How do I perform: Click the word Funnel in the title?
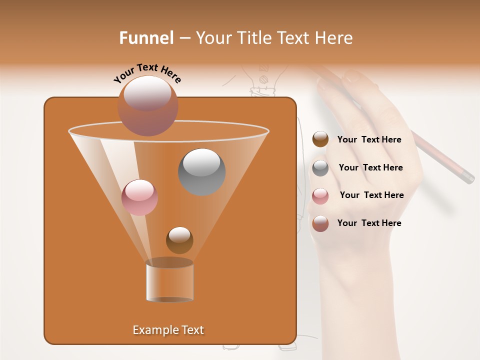coord(146,38)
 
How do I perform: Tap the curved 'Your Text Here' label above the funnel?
coord(147,72)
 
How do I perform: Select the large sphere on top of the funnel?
coord(148,105)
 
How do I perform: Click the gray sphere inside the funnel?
coord(201,171)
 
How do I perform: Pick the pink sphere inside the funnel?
coord(139,197)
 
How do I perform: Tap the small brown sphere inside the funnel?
coord(179,240)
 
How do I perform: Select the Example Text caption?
coord(168,330)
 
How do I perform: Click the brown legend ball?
coord(320,139)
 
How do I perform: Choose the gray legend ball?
coord(320,167)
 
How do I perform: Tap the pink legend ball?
coord(320,195)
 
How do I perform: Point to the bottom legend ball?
coord(320,223)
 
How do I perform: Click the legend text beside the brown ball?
coord(369,139)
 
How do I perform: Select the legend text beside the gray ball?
coord(370,167)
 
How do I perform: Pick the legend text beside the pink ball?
coord(371,195)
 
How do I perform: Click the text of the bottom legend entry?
coord(369,223)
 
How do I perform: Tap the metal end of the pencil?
coord(467,177)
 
